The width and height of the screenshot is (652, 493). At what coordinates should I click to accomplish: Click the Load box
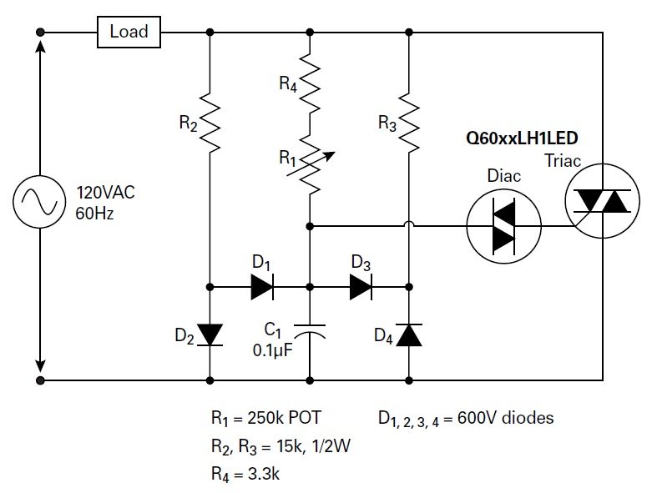point(129,33)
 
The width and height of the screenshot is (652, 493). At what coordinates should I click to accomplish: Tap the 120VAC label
point(106,192)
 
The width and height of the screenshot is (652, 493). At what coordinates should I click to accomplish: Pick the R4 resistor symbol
point(310,83)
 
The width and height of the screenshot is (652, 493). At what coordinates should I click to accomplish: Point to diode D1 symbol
point(260,287)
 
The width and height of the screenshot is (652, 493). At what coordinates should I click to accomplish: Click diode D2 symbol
point(210,334)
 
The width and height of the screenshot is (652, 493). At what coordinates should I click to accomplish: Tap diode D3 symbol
point(361,287)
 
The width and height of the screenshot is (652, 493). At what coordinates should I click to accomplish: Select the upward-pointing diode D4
point(409,335)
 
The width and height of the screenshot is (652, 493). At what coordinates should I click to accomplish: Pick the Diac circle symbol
point(502,225)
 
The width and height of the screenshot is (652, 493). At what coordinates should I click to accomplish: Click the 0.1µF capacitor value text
point(272,350)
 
